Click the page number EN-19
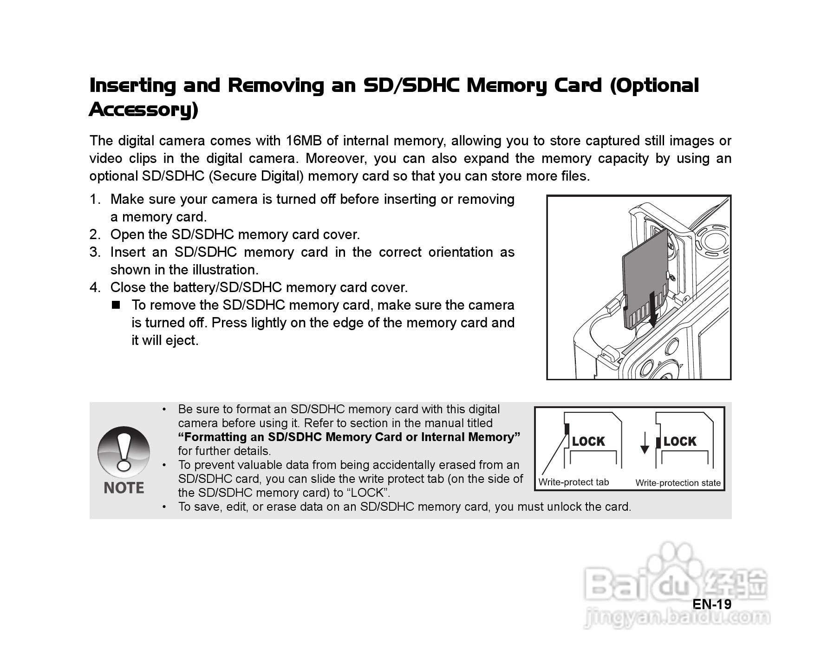(712, 604)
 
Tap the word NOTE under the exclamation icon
(124, 487)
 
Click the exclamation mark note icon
(124, 453)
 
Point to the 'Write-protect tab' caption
(573, 482)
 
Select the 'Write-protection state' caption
(678, 483)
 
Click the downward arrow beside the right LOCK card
(645, 443)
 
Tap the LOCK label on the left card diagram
(588, 441)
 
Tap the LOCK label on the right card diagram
(680, 441)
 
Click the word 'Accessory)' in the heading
(143, 110)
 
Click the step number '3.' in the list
(95, 252)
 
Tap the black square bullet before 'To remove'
(116, 305)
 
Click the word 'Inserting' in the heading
(133, 85)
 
